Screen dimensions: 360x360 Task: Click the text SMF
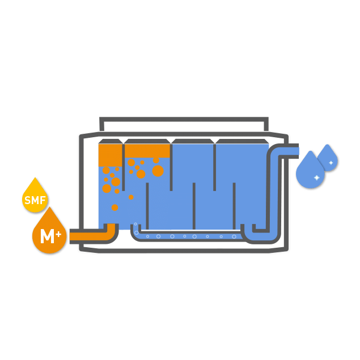pyautogui.click(x=35, y=200)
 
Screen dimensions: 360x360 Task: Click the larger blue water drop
pyautogui.click(x=310, y=172)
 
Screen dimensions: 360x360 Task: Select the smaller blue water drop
pyautogui.click(x=328, y=159)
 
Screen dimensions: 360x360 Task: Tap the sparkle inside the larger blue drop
pyautogui.click(x=316, y=178)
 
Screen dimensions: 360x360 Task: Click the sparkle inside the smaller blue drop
pyautogui.click(x=331, y=163)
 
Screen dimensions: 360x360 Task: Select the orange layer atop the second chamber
pyautogui.click(x=147, y=150)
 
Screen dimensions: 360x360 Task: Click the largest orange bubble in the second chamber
pyautogui.click(x=158, y=171)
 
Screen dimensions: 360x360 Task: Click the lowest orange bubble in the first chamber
pyautogui.click(x=115, y=207)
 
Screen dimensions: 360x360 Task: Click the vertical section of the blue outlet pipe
pyautogui.click(x=276, y=193)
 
